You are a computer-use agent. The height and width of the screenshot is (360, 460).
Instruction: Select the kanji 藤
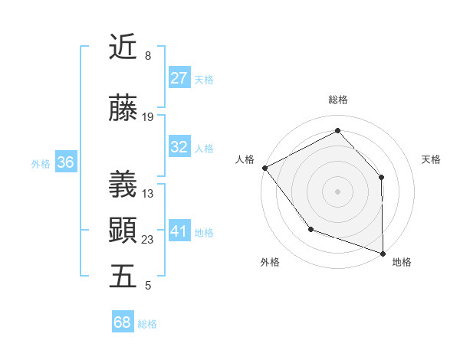pos(123,110)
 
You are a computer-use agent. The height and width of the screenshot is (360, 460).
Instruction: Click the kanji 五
pos(123,276)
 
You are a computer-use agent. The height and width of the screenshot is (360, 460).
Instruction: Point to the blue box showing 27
pos(179,77)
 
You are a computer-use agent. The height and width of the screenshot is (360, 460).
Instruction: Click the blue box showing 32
pos(179,147)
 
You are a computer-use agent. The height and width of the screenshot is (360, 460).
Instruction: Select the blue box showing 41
pos(179,231)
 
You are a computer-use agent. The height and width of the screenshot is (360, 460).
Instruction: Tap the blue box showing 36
pos(65,162)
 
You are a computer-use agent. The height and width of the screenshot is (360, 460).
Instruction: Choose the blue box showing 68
pos(123,322)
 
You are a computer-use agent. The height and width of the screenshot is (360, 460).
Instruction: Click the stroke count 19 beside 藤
pos(148,117)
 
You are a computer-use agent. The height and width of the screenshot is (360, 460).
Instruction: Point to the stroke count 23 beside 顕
pos(148,240)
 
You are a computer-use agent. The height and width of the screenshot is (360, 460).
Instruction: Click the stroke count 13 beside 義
pos(148,194)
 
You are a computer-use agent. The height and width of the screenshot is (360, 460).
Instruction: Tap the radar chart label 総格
pos(337,100)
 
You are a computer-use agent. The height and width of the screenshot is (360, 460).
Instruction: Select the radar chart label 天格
pos(432,159)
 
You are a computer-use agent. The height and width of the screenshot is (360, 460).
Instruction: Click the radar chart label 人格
pos(245,159)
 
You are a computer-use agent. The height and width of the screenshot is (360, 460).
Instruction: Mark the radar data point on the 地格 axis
pos(383,253)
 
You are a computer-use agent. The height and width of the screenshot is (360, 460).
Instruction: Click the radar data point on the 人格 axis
pos(264,168)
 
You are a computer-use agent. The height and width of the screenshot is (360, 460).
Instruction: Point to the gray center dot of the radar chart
pos(337,191)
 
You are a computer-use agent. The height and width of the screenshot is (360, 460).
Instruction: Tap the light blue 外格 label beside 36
pos(41,163)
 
